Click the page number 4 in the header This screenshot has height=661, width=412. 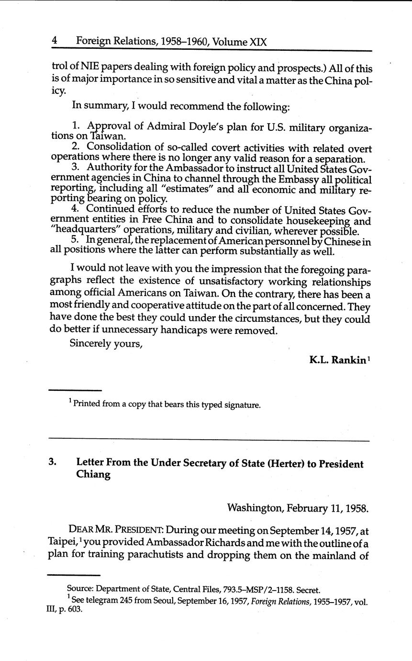click(55, 41)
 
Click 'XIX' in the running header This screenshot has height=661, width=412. click(258, 42)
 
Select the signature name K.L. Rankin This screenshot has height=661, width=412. click(337, 360)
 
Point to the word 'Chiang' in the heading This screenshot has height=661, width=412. click(93, 475)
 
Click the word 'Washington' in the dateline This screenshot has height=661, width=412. click(254, 507)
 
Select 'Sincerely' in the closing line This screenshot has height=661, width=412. click(90, 343)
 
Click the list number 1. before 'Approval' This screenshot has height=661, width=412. click(76, 126)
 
